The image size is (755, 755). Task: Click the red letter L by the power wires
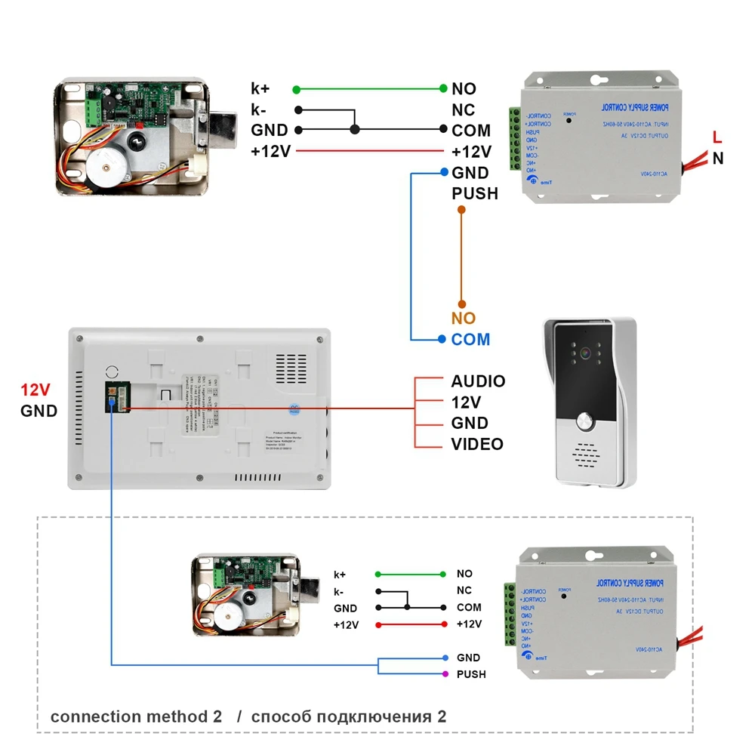click(717, 137)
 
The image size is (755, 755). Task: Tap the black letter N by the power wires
click(717, 158)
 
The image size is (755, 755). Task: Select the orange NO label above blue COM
click(464, 319)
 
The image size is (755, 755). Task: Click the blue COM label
click(470, 340)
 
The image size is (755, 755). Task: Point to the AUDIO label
click(478, 381)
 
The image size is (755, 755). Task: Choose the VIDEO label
click(477, 444)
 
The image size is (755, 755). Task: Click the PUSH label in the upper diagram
click(475, 194)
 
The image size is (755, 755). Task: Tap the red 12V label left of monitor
click(35, 390)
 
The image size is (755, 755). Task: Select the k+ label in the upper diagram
click(260, 88)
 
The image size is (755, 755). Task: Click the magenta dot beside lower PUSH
click(445, 674)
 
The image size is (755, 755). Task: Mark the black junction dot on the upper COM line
click(354, 130)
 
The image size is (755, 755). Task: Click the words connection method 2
click(136, 716)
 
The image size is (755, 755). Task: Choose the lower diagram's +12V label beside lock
click(346, 625)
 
